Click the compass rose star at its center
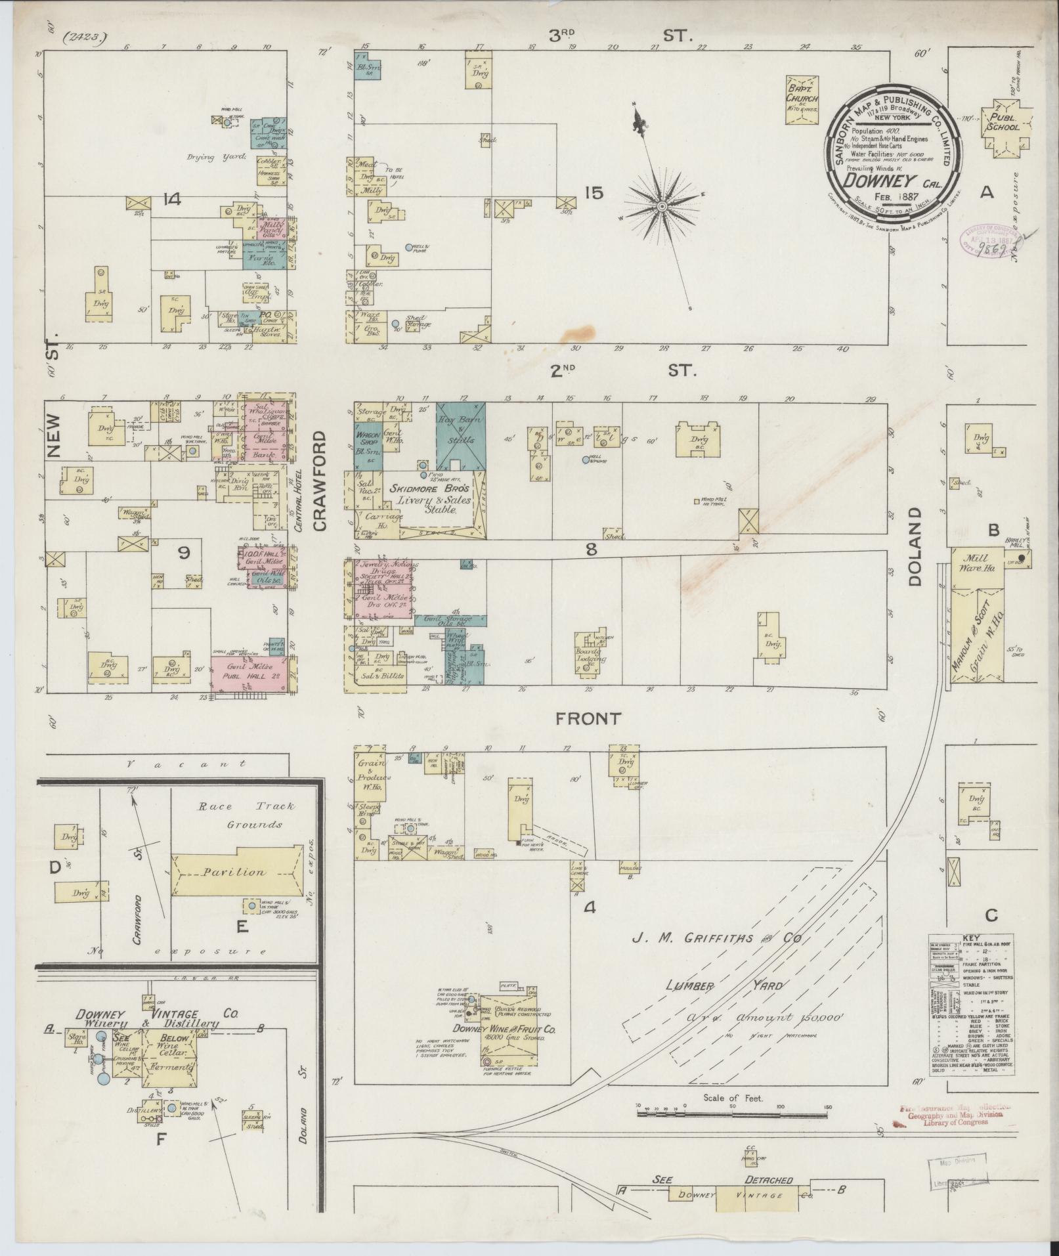click(x=662, y=207)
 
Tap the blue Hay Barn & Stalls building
click(x=460, y=434)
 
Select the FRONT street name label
click(x=588, y=718)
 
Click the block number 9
click(x=183, y=553)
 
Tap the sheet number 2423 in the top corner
click(x=85, y=37)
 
